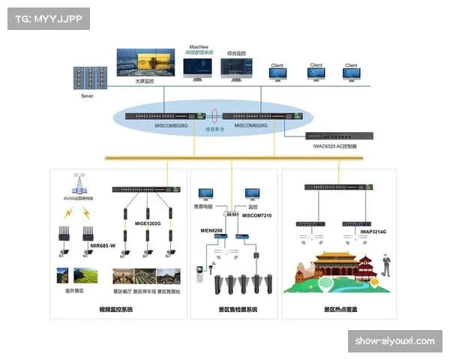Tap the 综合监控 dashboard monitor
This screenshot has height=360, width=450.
(x=235, y=67)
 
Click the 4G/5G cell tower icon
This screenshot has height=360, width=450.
(x=76, y=182)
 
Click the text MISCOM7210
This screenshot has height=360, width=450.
(x=259, y=215)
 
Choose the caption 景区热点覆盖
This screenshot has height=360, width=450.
(x=340, y=310)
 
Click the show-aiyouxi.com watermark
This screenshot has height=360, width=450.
(x=396, y=341)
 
